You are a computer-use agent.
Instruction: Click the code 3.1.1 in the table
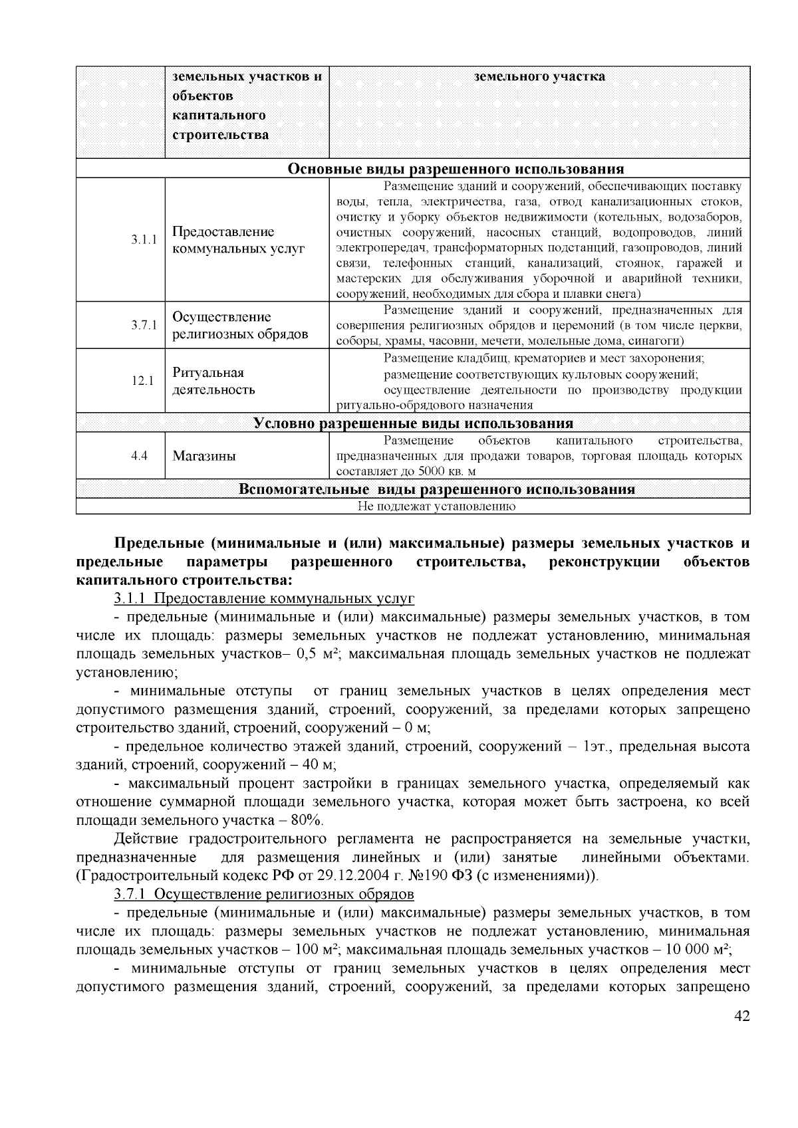point(144,240)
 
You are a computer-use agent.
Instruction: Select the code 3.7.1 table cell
point(144,325)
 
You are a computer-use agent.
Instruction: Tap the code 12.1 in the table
point(142,381)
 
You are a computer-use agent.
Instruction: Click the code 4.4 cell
point(139,456)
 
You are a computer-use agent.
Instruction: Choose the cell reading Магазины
point(204,457)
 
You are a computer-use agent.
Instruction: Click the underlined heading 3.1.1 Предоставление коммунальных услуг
point(264,599)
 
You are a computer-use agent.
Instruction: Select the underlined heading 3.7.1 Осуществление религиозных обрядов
point(264,893)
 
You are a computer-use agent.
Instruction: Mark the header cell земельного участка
point(539,76)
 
